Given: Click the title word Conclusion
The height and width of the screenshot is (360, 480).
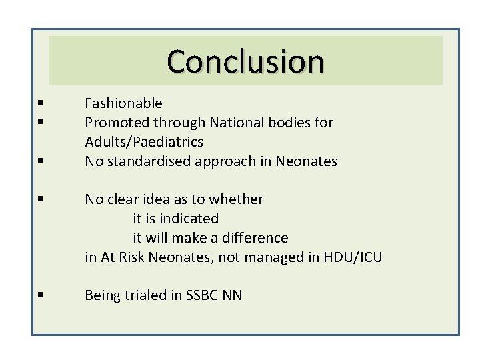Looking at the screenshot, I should pyautogui.click(x=245, y=61).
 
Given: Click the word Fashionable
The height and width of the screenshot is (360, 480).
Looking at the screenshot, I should pyautogui.click(x=123, y=103).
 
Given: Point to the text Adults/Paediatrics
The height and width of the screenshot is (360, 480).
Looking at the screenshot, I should pyautogui.click(x=144, y=142).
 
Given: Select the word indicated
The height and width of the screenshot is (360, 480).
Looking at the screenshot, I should pyautogui.click(x=189, y=219).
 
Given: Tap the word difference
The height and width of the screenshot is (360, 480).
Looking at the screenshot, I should pyautogui.click(x=254, y=238).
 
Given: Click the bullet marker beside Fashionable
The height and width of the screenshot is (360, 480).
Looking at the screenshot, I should pyautogui.click(x=41, y=103).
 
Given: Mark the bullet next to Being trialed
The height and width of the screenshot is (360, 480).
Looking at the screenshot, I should pyautogui.click(x=41, y=295).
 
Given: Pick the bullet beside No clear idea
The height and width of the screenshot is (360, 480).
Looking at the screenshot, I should pyautogui.click(x=41, y=199).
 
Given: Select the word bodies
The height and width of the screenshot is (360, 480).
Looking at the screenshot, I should pyautogui.click(x=300, y=123).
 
